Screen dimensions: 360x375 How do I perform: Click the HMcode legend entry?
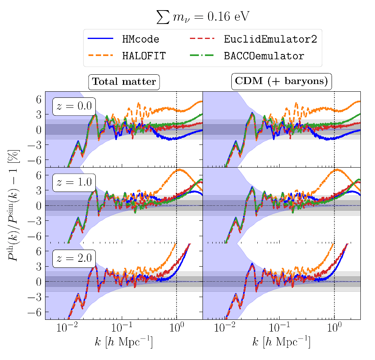[x=140, y=39]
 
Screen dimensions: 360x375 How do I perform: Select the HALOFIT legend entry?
[x=144, y=56]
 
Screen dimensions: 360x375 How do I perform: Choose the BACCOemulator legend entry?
[x=264, y=56]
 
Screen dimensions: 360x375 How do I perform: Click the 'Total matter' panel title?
[x=124, y=82]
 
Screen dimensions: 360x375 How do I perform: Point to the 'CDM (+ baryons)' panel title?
[x=282, y=82]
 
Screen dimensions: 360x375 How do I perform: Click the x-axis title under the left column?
[x=124, y=343]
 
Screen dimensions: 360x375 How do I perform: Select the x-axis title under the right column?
[x=282, y=343]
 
